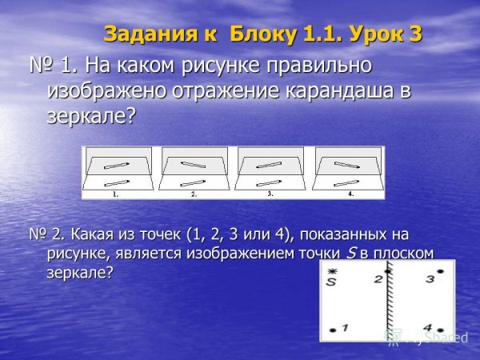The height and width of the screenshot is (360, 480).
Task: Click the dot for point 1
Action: coord(332,329)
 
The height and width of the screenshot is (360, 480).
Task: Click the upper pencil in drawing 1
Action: coord(118,166)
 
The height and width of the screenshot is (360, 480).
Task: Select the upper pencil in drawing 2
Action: coord(194,166)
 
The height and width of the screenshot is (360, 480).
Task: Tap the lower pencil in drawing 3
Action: coord(270,183)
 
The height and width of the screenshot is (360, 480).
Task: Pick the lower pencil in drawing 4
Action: coord(346,183)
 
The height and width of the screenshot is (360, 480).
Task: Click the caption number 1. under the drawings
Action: coord(116,194)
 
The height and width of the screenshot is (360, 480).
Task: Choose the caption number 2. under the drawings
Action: coord(194,194)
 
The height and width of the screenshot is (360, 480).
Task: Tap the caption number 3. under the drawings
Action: coord(270,194)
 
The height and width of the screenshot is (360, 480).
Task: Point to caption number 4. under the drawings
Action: coord(350,194)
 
